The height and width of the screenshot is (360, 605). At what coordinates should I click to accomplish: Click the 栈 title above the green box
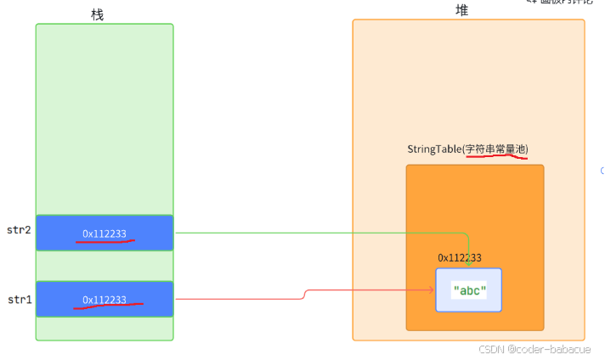[x=98, y=14]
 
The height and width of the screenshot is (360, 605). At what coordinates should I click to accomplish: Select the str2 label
[x=18, y=231]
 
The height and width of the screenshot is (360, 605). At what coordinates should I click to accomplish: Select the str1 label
[x=18, y=298]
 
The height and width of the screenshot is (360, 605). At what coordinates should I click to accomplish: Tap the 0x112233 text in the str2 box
[x=105, y=233]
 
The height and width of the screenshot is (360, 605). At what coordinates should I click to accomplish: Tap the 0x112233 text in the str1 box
[x=105, y=299]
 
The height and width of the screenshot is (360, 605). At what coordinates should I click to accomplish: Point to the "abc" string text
[x=470, y=290]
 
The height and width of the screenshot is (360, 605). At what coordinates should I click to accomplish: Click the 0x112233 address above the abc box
[x=460, y=257]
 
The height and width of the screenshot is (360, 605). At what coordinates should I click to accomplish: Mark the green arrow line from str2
[x=323, y=233]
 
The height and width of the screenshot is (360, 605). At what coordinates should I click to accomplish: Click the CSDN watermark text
[x=491, y=349]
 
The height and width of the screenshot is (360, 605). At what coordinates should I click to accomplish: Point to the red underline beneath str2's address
[x=105, y=241]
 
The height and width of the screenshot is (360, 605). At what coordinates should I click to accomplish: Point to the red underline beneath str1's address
[x=108, y=307]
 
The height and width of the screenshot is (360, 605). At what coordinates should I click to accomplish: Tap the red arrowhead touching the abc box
[x=433, y=290]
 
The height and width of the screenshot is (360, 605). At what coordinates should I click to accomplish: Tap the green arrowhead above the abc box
[x=467, y=264]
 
